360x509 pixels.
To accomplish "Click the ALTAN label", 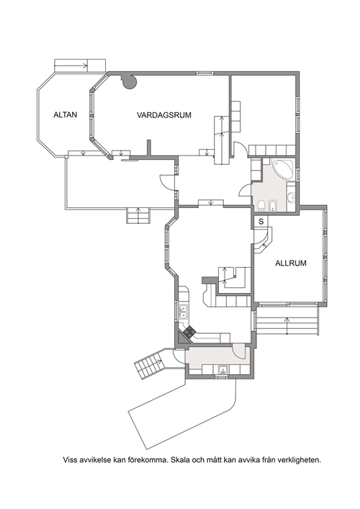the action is coord(66,114).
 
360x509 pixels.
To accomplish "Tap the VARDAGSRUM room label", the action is coord(164,115).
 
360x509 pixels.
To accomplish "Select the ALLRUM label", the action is coord(291,263).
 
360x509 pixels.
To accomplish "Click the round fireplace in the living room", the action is coord(130,81).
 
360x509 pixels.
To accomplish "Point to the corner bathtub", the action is coord(284,169).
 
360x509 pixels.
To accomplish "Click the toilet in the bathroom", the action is coord(261,205).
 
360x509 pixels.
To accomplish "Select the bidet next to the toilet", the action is coord(272,205).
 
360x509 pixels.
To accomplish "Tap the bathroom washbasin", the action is coord(291,197).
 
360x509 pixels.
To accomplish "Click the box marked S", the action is coord(261,222).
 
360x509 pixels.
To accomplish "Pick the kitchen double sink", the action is coord(183,311).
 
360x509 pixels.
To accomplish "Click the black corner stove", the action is coord(189,332).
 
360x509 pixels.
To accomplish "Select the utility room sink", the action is coord(222,369).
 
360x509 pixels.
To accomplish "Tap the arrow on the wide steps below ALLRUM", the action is coord(287,325).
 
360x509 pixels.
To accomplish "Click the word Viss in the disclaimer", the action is coord(70,459).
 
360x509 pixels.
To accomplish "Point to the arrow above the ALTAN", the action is coord(71,66).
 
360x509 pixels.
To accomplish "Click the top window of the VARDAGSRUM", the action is coord(204,73).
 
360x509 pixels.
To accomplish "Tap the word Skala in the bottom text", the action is coord(179,459).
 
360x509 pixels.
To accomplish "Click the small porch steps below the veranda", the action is coord(138,215).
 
